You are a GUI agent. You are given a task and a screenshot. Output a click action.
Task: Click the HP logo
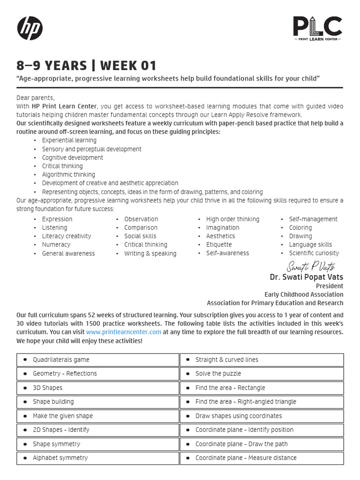point(30,28)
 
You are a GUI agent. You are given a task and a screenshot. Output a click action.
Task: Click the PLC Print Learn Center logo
point(317,28)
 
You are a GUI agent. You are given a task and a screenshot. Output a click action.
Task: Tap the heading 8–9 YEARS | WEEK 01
point(86,65)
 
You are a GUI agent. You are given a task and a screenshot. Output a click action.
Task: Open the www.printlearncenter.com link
point(123,332)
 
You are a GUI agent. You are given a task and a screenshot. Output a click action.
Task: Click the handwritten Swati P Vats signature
point(311,267)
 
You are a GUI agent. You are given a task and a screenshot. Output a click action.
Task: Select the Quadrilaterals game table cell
point(97,360)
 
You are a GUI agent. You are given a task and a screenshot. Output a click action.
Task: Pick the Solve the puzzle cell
point(262,374)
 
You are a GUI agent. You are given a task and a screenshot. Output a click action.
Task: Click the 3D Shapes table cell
point(97,388)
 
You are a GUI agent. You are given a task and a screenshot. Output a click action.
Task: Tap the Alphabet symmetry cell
point(97,458)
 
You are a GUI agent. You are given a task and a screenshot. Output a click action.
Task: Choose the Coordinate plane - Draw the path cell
point(262,444)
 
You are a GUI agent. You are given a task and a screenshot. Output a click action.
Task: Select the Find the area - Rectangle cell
point(262,388)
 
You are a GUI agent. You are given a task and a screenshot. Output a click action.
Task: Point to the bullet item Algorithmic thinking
point(68,174)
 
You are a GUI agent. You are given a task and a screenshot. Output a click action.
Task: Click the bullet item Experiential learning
point(69,140)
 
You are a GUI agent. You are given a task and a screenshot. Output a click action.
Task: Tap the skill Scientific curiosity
point(314,253)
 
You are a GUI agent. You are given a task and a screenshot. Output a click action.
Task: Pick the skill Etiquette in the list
point(219,245)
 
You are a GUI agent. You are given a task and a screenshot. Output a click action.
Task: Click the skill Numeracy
point(56,245)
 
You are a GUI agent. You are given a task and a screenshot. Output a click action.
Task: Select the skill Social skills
point(140,236)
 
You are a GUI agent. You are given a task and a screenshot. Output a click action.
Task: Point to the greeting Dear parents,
point(36,97)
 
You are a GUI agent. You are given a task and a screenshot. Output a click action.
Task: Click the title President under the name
point(329,286)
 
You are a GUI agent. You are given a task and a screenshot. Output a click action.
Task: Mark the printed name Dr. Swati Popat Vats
point(306,277)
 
